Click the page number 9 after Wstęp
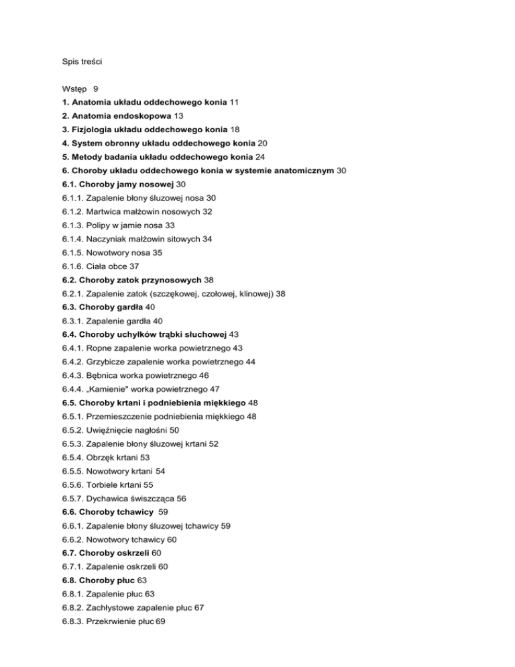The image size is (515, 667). [x=96, y=88]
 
